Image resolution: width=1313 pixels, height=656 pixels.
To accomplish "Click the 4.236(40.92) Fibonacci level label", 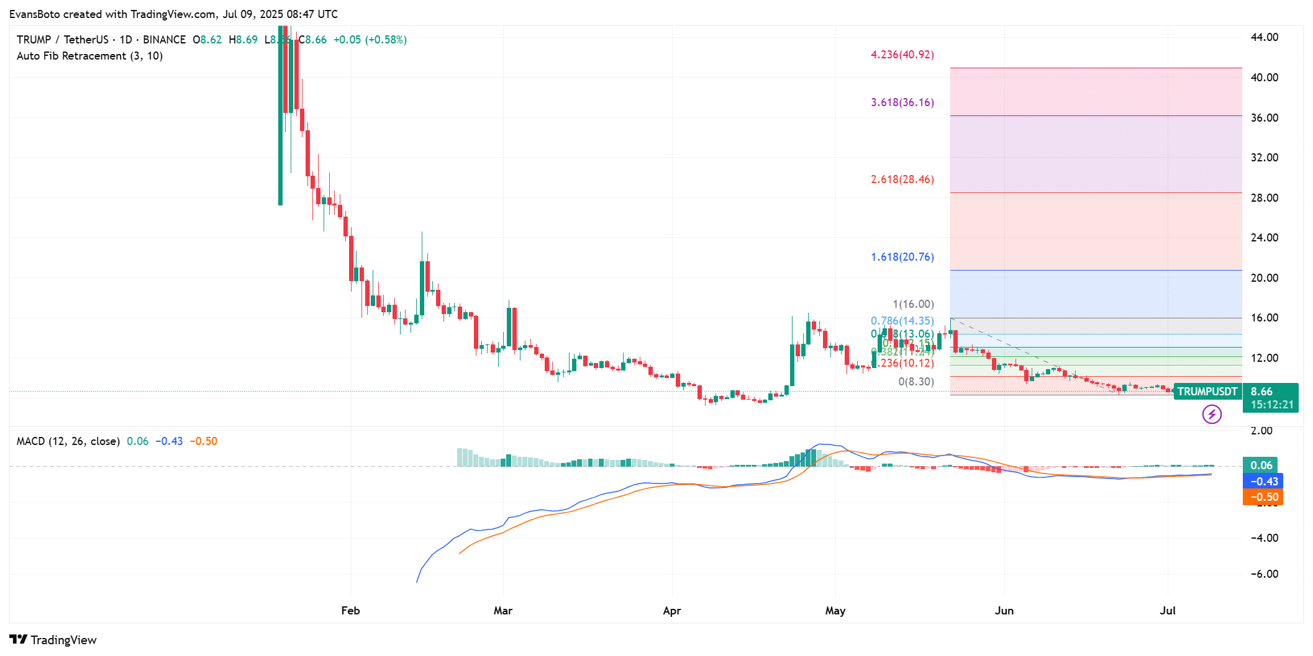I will [x=902, y=55].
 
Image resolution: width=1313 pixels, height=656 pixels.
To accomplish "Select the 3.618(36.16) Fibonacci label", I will [x=902, y=102].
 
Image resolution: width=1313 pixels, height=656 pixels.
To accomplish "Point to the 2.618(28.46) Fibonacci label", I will [x=902, y=179].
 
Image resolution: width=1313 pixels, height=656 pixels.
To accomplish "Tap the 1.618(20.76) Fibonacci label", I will [x=902, y=257].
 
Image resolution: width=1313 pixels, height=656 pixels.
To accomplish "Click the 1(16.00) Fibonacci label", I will [x=913, y=304].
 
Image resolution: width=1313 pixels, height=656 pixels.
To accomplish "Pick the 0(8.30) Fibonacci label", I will [x=915, y=382].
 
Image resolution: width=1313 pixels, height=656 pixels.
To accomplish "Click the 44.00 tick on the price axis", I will [x=1264, y=37].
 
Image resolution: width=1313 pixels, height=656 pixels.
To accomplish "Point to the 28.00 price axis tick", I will [x=1264, y=198].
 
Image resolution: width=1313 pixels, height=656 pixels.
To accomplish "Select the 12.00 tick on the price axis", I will [x=1264, y=358].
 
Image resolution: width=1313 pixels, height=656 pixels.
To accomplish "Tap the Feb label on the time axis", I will [x=350, y=611].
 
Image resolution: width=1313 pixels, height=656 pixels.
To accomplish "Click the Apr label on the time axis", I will [x=671, y=611].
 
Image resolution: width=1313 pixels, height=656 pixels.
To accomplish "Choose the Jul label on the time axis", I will [x=1168, y=611].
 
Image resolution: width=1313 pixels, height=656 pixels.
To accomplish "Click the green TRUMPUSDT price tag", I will [x=1207, y=392].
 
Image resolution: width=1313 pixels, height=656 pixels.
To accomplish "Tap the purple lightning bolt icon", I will [x=1212, y=414].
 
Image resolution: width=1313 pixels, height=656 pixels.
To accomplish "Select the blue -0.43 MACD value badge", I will [x=1263, y=482].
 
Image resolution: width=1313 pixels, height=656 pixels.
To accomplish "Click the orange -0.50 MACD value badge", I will [x=1263, y=497].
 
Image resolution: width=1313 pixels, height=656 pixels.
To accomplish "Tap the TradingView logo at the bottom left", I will [x=53, y=640].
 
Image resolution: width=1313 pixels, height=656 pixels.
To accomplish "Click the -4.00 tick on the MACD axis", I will [x=1264, y=538].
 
